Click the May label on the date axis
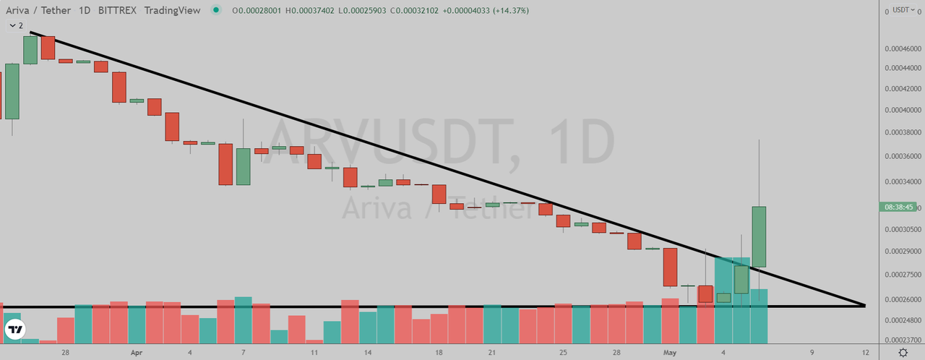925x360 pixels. click(669, 352)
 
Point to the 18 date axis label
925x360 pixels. click(439, 352)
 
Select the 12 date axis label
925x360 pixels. click(866, 352)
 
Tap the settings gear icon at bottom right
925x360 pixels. click(903, 352)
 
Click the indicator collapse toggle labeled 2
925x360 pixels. click(16, 25)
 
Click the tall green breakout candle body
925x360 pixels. click(759, 236)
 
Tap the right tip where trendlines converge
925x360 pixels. click(864, 305)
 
